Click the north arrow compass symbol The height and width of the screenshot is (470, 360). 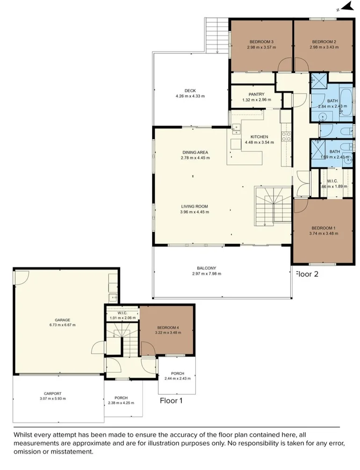tap(346, 6)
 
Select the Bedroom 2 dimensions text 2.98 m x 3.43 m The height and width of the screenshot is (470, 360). tap(324, 47)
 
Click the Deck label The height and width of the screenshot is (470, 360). tap(190, 91)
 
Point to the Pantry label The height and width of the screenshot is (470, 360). tap(256, 94)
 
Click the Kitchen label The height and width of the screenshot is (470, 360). tap(259, 137)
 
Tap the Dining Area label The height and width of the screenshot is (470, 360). tap(195, 152)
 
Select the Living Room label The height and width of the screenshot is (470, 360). tap(194, 206)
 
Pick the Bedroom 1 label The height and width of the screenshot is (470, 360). tap(323, 228)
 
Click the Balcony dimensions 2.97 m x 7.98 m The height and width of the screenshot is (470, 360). tap(206, 274)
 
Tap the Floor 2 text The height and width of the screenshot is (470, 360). tap(307, 274)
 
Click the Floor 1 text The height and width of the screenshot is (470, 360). tap(172, 400)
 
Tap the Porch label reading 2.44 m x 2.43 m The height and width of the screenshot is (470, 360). tap(177, 379)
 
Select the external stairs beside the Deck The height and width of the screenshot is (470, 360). tap(216, 36)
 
